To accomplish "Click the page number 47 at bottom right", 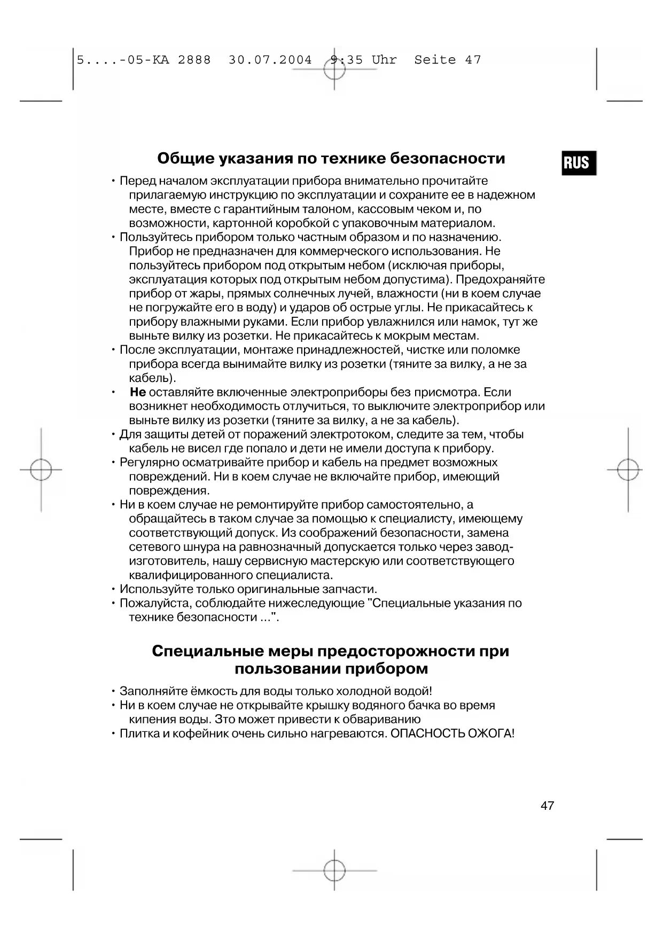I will point(547,806).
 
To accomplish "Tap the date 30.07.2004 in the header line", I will point(270,60).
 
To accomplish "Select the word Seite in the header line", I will point(435,60).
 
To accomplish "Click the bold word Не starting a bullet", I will point(138,392).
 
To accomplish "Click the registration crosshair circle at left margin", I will point(41,470).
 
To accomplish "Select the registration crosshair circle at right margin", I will point(628,470).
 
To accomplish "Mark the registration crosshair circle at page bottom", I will point(334,870).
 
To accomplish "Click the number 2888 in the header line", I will point(194,60).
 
